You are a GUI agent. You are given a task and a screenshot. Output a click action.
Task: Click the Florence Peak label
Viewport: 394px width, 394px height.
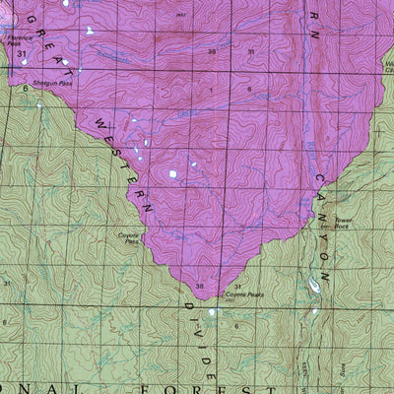point(14,40)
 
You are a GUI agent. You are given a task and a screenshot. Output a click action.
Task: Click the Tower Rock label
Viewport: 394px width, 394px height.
point(343,223)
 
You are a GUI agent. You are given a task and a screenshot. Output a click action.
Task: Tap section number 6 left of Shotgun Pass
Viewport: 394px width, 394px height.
point(26,90)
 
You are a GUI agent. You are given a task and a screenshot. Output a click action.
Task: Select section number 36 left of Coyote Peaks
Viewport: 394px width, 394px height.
point(200,287)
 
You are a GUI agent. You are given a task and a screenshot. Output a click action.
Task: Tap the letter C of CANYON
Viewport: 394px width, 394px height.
point(320,180)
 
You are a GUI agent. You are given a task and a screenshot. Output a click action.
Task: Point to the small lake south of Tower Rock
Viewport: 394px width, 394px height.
point(313,286)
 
